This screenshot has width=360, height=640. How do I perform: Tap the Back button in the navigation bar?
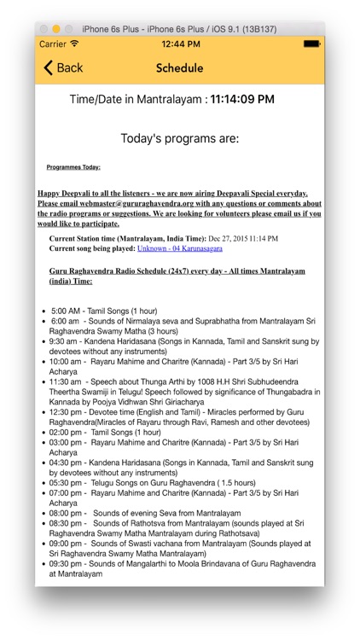63,68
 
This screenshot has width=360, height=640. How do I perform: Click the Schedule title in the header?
180,68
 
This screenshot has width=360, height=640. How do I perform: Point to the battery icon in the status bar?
311,44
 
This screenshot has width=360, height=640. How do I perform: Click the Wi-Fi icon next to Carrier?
74,44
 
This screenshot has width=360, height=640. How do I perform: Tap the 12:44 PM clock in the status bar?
180,44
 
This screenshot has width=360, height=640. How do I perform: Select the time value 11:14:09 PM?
242,100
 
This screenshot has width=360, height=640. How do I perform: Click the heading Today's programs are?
180,138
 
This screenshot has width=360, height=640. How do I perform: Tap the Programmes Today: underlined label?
73,167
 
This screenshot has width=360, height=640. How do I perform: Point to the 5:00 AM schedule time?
65,311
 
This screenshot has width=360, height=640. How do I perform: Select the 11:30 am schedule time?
65,382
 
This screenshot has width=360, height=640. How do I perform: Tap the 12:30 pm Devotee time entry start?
65,412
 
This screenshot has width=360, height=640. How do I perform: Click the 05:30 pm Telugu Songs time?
65,483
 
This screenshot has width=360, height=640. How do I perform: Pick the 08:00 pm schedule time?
65,514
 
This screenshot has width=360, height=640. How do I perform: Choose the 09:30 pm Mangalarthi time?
65,564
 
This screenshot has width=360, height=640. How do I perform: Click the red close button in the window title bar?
44,28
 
